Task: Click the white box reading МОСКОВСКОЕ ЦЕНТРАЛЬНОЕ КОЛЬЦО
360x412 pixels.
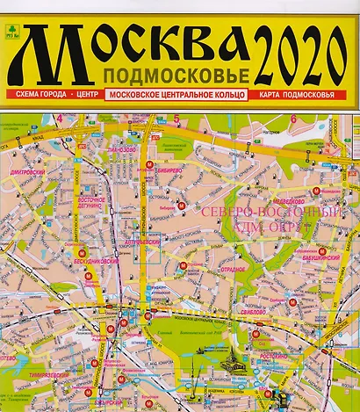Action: (x=175, y=94)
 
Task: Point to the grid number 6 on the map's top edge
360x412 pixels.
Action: (x=291, y=118)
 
